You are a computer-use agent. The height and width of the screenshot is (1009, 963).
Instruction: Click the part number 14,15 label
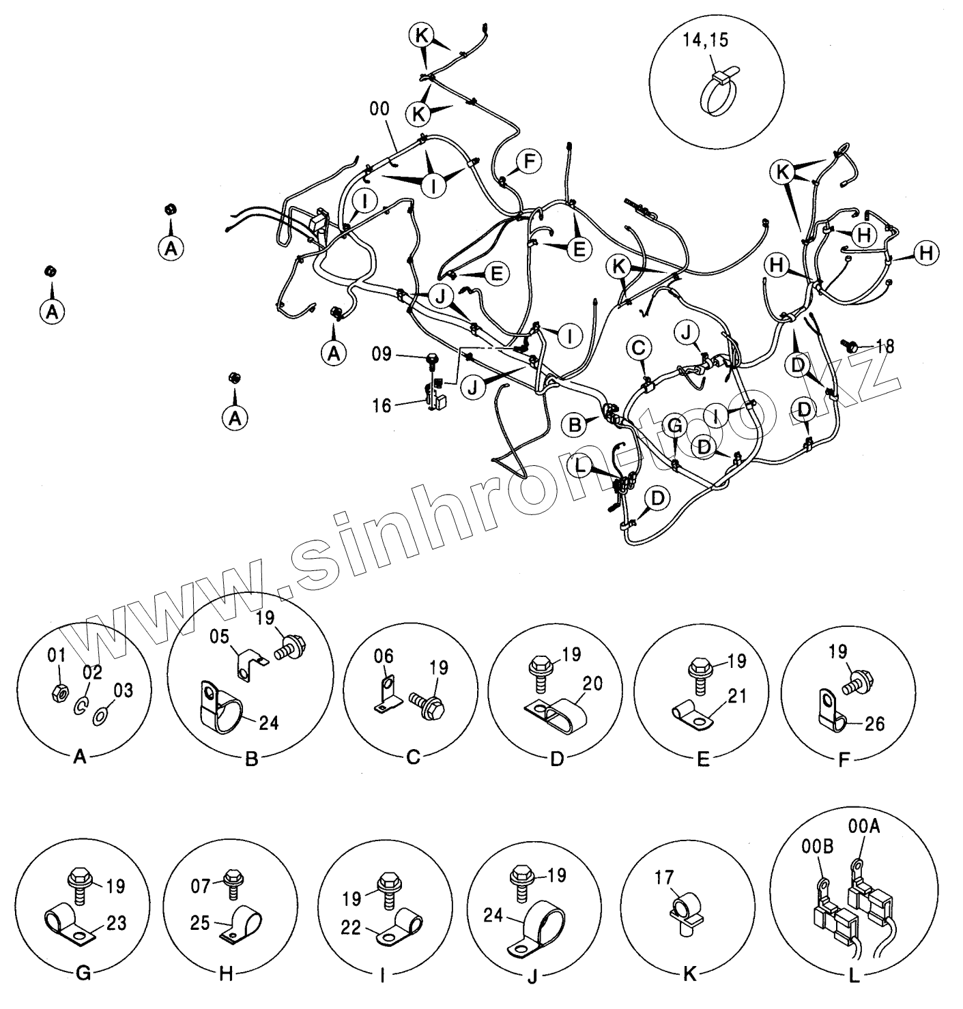[705, 40]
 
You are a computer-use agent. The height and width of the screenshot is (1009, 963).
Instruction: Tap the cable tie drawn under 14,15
[717, 92]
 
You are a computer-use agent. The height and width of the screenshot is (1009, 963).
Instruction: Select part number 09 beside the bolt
[382, 353]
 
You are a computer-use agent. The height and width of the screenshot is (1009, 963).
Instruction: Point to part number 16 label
[382, 406]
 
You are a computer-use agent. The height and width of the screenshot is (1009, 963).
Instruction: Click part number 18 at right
[885, 347]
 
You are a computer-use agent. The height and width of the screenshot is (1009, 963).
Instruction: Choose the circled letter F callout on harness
[528, 161]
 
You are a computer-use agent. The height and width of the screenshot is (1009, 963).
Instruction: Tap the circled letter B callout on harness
[575, 425]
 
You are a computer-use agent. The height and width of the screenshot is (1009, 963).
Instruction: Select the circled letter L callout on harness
[580, 466]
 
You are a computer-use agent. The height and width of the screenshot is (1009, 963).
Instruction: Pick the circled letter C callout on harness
[638, 349]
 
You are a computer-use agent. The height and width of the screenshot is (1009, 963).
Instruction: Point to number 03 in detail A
[124, 690]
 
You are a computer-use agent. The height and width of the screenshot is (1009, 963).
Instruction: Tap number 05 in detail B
[219, 637]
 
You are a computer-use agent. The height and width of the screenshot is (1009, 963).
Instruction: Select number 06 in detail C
[384, 656]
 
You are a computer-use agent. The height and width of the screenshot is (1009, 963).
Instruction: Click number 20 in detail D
[592, 683]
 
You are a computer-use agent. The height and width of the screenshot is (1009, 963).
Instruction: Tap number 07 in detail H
[201, 886]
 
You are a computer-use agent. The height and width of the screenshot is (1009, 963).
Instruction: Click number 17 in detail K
[663, 877]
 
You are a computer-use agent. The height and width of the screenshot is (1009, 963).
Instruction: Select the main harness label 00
[379, 108]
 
